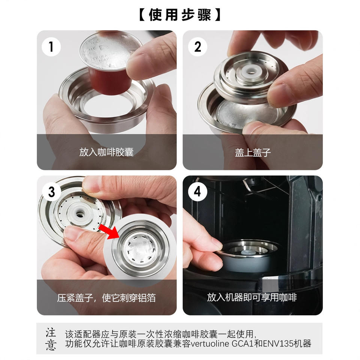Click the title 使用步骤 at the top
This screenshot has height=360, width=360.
point(180,15)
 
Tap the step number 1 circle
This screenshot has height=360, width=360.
point(51,46)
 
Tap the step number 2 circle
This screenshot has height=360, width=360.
point(198,46)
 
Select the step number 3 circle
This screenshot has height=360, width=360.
point(51,192)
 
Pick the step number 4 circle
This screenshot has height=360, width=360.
point(198,192)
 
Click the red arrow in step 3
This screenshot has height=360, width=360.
point(109,232)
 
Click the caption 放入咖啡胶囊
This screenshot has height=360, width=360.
point(106,152)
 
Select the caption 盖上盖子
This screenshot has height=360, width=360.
point(253,152)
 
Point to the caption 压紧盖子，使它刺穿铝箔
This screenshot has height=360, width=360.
point(106,298)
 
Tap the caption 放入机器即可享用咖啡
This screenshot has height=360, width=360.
point(252,297)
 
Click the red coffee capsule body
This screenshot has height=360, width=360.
point(110,80)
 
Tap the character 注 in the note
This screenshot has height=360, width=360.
point(51,333)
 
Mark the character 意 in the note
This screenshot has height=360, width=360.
point(51,345)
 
